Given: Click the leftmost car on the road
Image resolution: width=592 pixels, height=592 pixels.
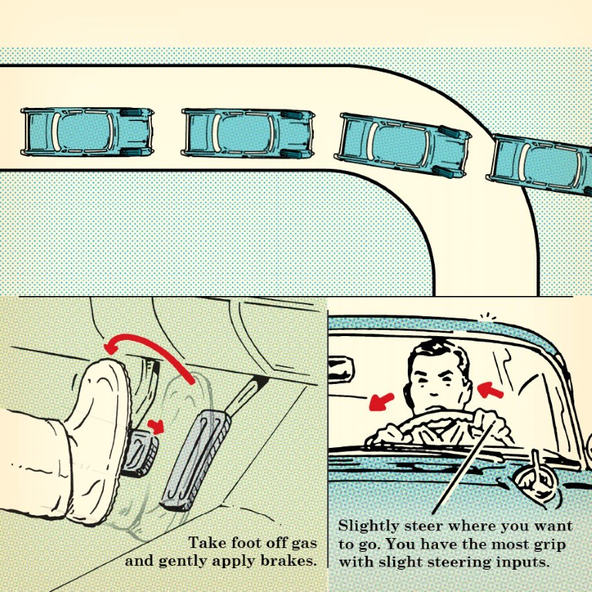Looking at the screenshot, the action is tap(87, 132).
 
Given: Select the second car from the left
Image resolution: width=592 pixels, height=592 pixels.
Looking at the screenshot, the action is tap(247, 133).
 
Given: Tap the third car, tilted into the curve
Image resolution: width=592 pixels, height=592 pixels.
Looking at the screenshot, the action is tap(402, 145).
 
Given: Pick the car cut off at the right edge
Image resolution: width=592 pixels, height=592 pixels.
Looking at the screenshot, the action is tap(540, 165).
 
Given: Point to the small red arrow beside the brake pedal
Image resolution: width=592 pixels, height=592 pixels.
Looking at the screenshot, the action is tap(156, 426).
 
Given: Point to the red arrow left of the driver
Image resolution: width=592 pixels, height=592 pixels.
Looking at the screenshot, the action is tap(381, 402).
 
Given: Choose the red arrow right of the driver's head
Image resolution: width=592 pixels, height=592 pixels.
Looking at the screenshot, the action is tap(490, 389).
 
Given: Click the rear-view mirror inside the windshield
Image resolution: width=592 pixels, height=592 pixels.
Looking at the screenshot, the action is tap(341, 370).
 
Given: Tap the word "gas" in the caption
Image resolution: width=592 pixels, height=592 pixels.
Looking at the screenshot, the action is tap(304, 544).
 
